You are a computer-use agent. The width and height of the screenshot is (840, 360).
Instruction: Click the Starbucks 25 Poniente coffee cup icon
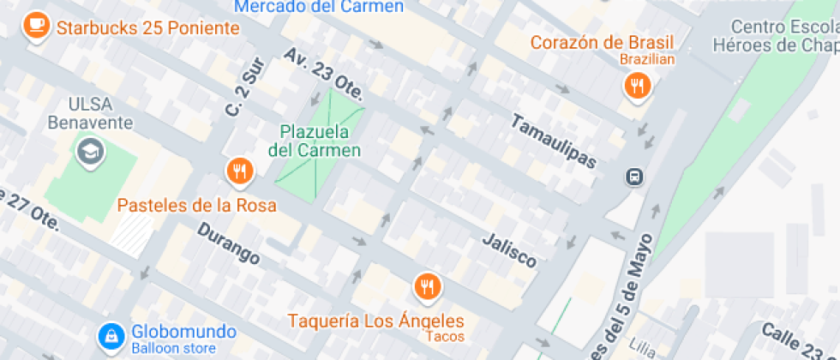coord(36,24)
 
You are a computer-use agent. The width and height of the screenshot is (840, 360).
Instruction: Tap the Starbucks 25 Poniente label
coord(147,28)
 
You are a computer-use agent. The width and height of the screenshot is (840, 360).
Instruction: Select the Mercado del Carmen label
coord(319,7)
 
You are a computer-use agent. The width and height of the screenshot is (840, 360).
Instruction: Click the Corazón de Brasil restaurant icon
coord(637,85)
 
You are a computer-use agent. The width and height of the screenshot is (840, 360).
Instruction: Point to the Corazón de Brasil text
coord(602,42)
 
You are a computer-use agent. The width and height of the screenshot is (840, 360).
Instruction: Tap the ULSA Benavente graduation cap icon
coord(88,153)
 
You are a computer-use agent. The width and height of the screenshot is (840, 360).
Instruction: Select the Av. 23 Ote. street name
coord(326,71)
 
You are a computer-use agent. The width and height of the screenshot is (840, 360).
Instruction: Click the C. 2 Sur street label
coord(241,96)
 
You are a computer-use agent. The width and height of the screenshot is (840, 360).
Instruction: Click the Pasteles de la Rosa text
coord(196,206)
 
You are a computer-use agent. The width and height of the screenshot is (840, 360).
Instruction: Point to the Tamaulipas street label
coord(553,141)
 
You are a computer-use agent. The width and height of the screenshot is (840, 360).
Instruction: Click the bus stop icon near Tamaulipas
coord(635,177)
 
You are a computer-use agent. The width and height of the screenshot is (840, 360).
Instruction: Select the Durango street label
coord(228,243)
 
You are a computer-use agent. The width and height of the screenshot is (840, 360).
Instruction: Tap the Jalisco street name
coord(509,249)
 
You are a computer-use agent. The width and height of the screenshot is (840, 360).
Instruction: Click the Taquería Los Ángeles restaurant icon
coord(427,286)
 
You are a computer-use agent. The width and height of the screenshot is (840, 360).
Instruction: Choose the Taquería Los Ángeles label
coord(375,322)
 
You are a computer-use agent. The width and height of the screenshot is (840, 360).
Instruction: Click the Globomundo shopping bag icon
coord(111,337)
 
